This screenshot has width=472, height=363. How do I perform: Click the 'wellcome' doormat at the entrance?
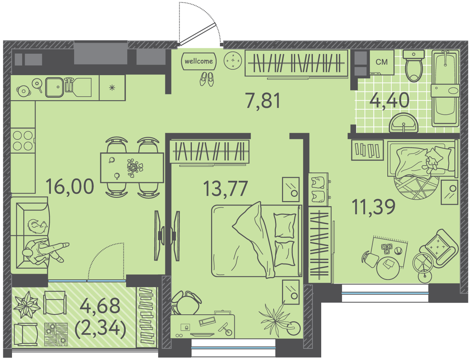199,61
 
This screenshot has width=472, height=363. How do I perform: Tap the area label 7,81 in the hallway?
263,101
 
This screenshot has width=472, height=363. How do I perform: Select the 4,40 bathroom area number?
389,100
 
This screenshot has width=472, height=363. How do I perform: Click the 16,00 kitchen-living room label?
70,186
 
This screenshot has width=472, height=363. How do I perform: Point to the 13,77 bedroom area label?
226,188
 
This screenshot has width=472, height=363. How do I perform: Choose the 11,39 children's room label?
374,207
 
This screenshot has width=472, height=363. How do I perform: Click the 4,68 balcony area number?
100,306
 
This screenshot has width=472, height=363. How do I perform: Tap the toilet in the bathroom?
414,66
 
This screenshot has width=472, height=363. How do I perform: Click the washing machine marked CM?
382,62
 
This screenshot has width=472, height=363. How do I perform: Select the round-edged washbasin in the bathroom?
403,123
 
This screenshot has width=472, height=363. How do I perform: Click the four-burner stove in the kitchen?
23,140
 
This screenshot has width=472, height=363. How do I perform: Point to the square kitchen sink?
55,87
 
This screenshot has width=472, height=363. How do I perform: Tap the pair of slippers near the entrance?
207,79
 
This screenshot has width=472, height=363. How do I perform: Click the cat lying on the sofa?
37,227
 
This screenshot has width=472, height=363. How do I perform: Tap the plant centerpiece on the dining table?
135,168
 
